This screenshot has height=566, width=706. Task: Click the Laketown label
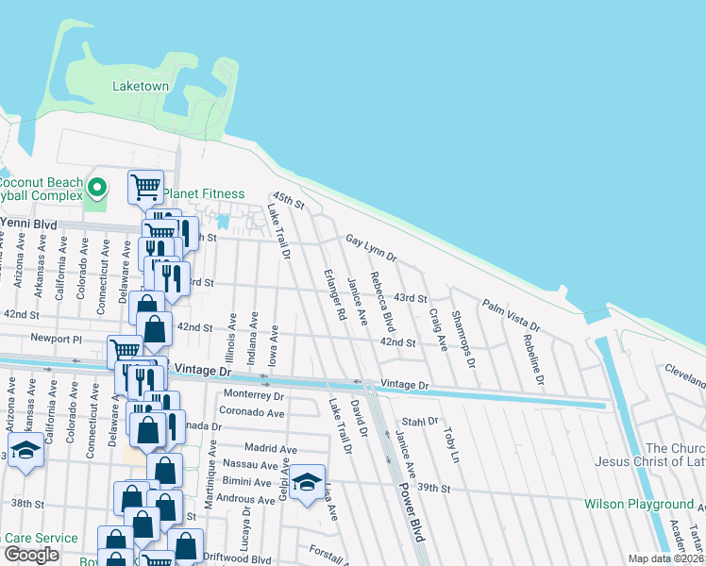pos(140,86)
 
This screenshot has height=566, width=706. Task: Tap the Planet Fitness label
pos(203,193)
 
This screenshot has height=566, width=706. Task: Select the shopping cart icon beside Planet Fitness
pos(145,186)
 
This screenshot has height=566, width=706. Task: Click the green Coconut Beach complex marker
pos(95,185)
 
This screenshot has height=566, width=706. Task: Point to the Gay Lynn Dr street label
pos(371,248)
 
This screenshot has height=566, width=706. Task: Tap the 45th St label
pos(288,203)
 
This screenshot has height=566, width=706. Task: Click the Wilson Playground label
pos(639,505)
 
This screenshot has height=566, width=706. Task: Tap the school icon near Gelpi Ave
pos(307,483)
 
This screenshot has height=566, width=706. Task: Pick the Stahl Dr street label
pos(420,421)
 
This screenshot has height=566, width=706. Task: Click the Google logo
pos(31,555)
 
